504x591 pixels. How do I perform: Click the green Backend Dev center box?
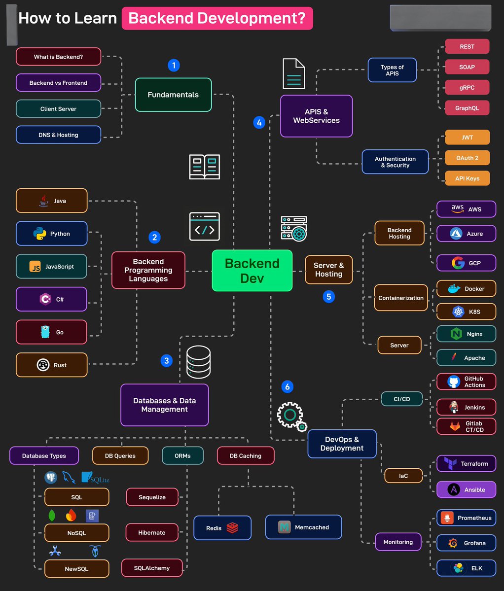click(252, 271)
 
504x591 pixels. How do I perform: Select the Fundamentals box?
click(173, 95)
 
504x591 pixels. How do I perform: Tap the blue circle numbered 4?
click(259, 122)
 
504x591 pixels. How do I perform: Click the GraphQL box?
click(467, 108)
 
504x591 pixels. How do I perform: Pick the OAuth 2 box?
click(467, 158)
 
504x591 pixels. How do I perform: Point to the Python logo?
click(39, 234)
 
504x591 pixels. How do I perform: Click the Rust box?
click(52, 365)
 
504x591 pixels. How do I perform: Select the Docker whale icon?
click(454, 289)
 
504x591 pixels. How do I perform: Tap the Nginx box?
click(466, 334)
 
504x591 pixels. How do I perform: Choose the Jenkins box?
click(466, 408)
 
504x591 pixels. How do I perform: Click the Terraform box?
click(466, 464)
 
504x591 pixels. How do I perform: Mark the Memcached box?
click(303, 527)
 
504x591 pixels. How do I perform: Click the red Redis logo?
click(232, 528)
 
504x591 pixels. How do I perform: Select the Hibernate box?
click(151, 533)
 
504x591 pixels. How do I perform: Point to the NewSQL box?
click(76, 569)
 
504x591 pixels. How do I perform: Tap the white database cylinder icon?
click(198, 362)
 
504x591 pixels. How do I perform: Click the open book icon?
click(205, 167)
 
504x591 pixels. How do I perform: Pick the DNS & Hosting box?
click(58, 135)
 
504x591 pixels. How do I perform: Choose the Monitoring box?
click(398, 542)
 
